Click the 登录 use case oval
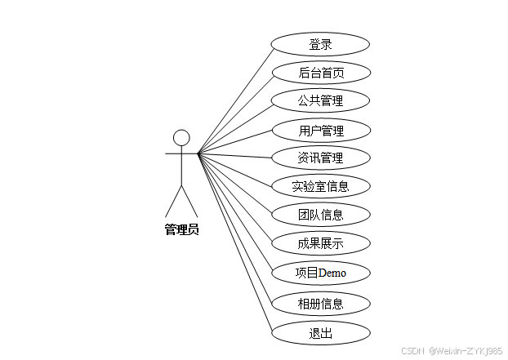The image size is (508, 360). point(320,44)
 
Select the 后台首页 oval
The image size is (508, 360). point(320,73)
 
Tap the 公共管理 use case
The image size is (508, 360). point(320,101)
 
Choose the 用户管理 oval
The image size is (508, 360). point(320,130)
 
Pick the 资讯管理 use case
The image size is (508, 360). point(320,158)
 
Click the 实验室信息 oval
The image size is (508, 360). point(320,186)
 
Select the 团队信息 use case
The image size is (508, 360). point(320,215)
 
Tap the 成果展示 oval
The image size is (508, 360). point(320,242)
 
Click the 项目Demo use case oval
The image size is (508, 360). point(320,272)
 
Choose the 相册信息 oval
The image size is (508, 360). point(320,304)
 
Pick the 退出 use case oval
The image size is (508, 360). point(320,332)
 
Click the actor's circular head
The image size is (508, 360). point(181,136)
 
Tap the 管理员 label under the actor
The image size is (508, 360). point(181,229)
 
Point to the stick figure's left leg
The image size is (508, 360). point(173,201)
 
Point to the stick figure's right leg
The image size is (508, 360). point(189,201)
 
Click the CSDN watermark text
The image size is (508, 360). point(415,350)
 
